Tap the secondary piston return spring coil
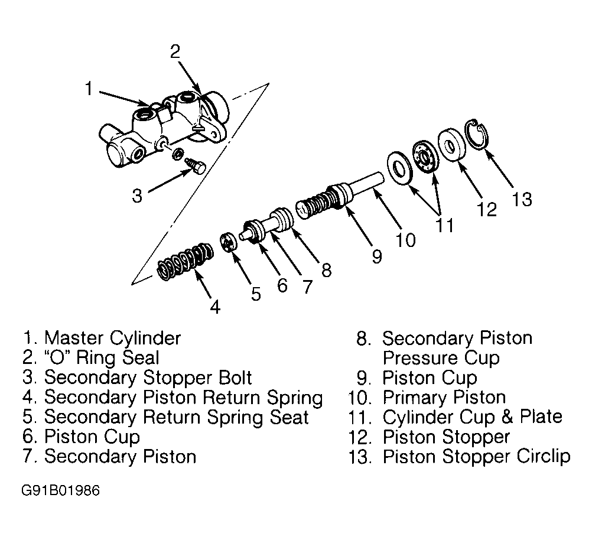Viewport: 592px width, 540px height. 185,262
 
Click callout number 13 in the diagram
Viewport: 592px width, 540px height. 522,199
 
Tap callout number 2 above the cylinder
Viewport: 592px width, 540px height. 175,52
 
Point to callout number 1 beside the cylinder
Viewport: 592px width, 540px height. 89,89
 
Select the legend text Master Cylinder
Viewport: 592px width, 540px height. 112,338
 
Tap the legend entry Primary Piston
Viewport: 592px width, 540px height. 444,397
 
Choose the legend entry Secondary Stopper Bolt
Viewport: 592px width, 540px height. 148,378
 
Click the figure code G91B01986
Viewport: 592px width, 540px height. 60,490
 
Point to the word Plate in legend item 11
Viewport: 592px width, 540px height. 541,417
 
